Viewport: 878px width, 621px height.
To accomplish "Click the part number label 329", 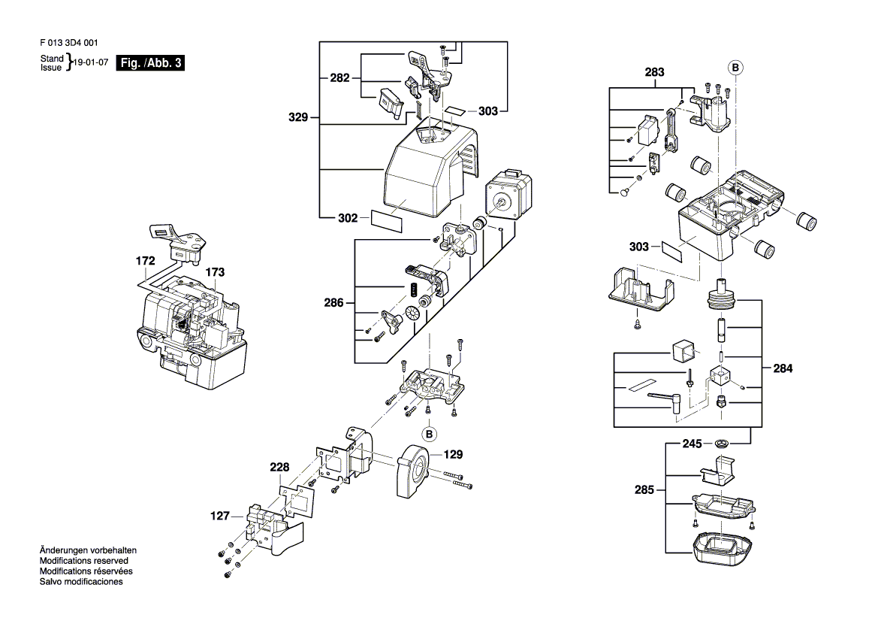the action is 298,117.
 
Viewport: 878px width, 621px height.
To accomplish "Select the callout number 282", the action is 339,78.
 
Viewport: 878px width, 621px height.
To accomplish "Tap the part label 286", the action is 333,303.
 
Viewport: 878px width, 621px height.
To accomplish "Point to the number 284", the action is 783,368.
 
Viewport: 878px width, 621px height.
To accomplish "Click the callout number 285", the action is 644,490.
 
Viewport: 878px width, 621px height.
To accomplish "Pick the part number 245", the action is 692,444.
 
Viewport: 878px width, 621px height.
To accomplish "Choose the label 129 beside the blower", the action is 453,454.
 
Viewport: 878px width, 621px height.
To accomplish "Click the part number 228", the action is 279,467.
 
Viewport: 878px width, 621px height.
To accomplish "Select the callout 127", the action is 220,516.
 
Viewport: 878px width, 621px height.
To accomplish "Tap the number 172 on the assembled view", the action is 145,261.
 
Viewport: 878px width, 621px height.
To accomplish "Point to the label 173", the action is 215,272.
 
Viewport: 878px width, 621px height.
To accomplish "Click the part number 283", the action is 655,71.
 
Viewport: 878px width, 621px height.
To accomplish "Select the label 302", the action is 348,218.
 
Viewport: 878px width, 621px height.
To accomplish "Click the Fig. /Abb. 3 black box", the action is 150,62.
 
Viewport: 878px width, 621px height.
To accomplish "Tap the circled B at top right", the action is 735,68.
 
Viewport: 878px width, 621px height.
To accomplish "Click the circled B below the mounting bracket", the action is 430,434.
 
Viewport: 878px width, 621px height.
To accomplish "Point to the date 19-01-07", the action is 91,62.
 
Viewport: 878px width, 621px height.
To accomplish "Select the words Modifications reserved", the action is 84,560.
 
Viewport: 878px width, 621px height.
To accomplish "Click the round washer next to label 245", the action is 723,444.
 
